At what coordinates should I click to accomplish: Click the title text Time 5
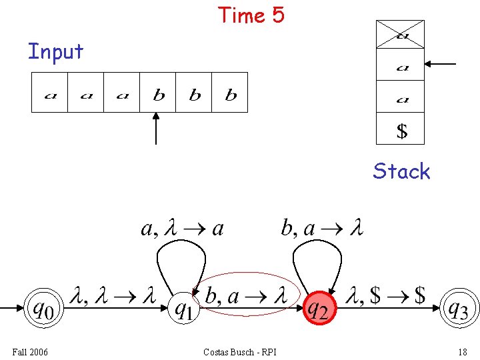tap(251, 15)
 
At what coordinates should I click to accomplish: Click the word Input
tap(55, 51)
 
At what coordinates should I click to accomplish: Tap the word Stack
tap(401, 171)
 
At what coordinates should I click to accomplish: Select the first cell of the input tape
tap(50, 93)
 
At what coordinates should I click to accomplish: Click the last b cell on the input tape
tap(230, 93)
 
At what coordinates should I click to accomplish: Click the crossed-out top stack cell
tap(400, 35)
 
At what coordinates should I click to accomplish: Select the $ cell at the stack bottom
tap(401, 129)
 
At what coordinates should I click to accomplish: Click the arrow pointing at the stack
tap(441, 64)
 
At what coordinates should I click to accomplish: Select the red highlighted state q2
tap(318, 309)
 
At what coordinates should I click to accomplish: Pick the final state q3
tap(458, 309)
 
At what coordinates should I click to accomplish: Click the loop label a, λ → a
tap(182, 229)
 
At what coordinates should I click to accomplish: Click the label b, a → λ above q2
tap(322, 229)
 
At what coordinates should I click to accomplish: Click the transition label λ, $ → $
tap(387, 295)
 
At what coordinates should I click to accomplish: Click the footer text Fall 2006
tap(29, 351)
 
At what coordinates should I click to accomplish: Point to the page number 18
tap(462, 351)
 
